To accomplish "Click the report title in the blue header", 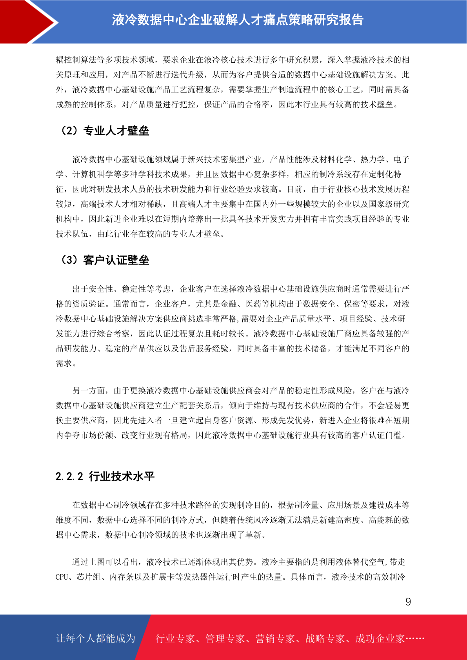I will pos(238,20).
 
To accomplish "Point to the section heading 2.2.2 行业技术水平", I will pos(105,477).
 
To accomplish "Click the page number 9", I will pos(408,602).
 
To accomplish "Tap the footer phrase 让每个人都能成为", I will pos(96,638).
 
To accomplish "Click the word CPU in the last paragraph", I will pos(62,577).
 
